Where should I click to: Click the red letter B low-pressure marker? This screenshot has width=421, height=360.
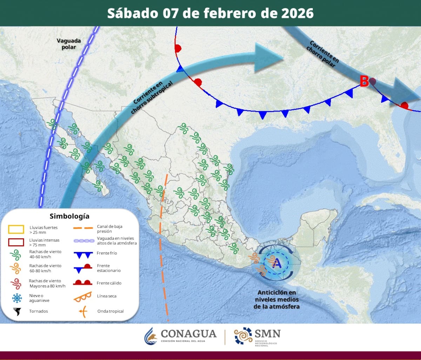(364, 82)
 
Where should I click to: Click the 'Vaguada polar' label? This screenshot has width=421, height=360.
(69, 44)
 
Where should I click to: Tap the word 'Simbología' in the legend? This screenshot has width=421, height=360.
(69, 216)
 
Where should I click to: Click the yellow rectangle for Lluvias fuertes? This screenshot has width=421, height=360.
(16, 230)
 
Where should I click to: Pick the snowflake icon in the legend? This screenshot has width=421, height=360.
(16, 298)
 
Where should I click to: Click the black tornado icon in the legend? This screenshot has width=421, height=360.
(16, 311)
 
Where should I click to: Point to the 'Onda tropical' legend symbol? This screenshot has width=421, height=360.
(83, 311)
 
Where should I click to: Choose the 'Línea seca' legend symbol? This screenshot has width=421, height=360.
(83, 296)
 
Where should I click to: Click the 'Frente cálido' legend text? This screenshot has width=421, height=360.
(109, 283)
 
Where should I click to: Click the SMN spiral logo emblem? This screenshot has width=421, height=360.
(243, 336)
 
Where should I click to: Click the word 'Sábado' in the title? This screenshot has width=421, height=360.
(133, 13)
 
